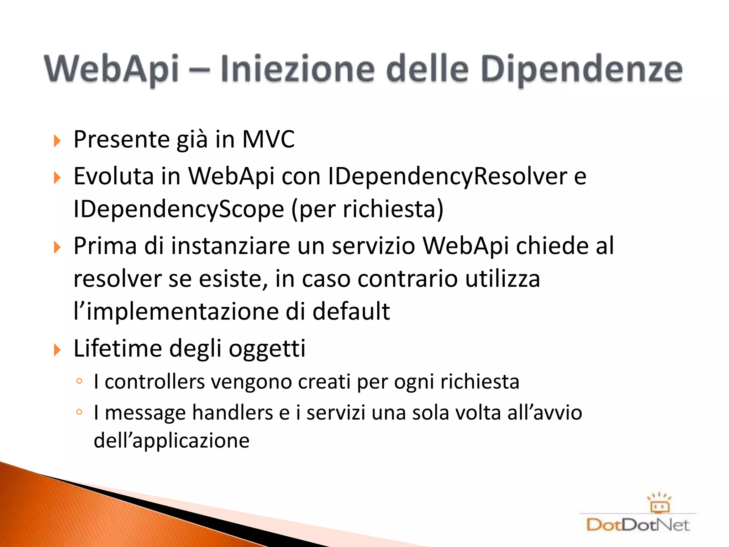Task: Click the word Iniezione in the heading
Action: (297, 69)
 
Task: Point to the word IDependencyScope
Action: (179, 209)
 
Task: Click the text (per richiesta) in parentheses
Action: (367, 209)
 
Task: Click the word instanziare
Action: (230, 246)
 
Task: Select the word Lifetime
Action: (117, 348)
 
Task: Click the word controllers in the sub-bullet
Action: (154, 382)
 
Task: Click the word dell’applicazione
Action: (172, 441)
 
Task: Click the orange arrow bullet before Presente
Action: (57, 141)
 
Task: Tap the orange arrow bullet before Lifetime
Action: (57, 350)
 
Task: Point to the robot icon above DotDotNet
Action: (659, 502)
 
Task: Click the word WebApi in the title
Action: (111, 69)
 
